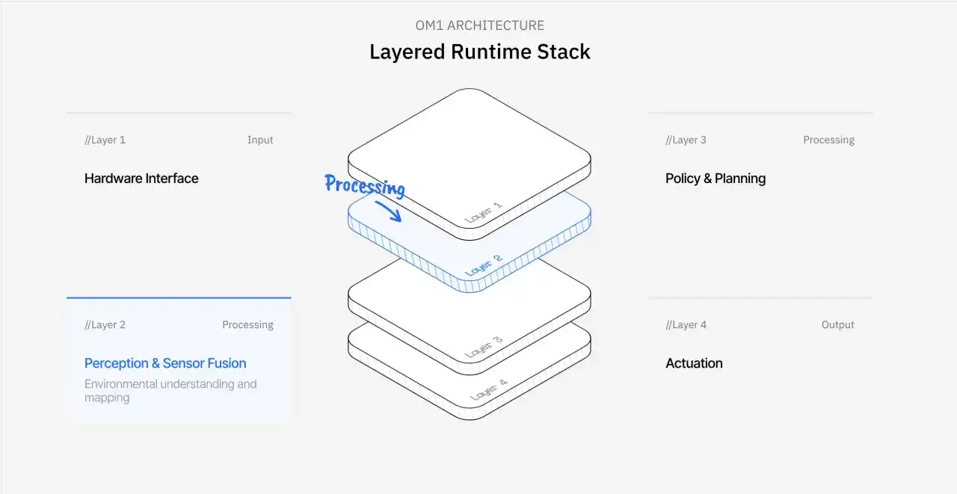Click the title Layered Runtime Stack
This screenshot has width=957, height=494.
[x=479, y=52]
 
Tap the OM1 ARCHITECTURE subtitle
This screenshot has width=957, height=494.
[x=479, y=25]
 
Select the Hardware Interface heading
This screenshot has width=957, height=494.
[x=141, y=179]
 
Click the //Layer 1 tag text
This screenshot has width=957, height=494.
[x=105, y=140]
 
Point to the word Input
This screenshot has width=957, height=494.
[x=260, y=140]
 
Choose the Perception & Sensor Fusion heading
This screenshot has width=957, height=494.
[x=165, y=363]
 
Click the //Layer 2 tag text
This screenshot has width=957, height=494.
[x=105, y=325]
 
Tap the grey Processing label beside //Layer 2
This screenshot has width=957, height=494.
[x=247, y=325]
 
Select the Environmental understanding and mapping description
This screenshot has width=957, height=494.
[x=170, y=391]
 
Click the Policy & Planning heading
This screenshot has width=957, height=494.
[x=716, y=179]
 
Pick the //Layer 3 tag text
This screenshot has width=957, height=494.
[x=686, y=140]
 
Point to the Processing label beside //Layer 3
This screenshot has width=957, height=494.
[x=828, y=140]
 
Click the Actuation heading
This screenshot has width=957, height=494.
[x=694, y=363]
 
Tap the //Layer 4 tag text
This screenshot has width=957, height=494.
[x=686, y=325]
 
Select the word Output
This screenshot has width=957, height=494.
[x=837, y=325]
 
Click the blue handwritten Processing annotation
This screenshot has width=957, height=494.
[x=365, y=185]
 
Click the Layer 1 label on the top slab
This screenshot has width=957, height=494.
[x=484, y=212]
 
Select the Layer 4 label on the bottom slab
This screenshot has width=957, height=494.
[x=488, y=389]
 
